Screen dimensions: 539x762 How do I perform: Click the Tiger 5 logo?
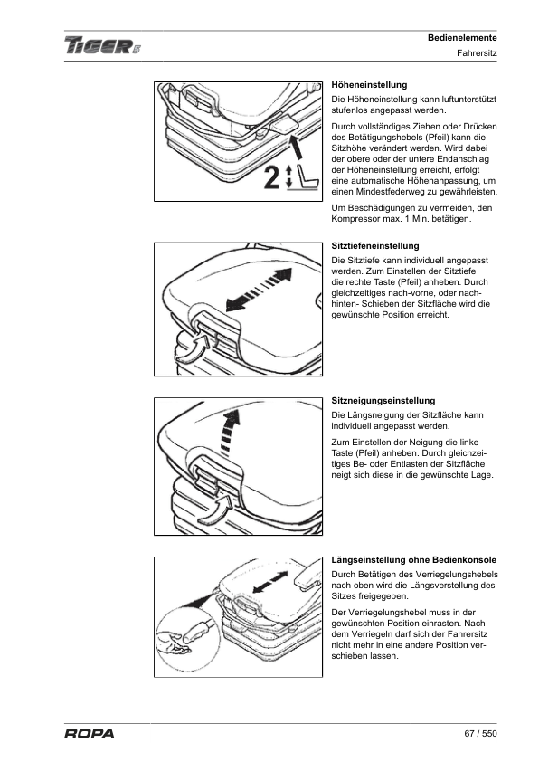point(102,46)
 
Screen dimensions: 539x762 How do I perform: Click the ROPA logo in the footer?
point(90,733)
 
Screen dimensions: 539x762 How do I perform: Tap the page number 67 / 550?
point(480,733)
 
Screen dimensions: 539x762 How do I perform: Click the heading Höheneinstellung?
point(369,85)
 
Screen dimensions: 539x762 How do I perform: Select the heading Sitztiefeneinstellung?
point(375,246)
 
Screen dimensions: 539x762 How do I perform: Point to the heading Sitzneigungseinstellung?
point(383,401)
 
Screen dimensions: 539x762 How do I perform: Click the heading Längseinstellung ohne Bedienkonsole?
point(413,560)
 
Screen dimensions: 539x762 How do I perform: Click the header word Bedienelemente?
point(462,38)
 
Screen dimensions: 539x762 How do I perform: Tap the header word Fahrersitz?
point(477,53)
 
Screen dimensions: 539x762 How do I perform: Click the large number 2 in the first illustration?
point(271,177)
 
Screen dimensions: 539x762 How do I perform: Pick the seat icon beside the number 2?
point(304,178)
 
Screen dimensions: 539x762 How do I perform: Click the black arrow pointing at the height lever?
point(297,148)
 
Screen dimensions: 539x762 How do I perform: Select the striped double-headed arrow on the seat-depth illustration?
point(259,290)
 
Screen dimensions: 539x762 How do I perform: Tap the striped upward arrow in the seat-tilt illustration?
point(229,433)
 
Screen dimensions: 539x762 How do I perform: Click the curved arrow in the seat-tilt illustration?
point(216,510)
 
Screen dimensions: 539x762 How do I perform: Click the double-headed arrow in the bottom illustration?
point(270,582)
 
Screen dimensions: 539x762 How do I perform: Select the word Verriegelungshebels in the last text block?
point(457,575)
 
